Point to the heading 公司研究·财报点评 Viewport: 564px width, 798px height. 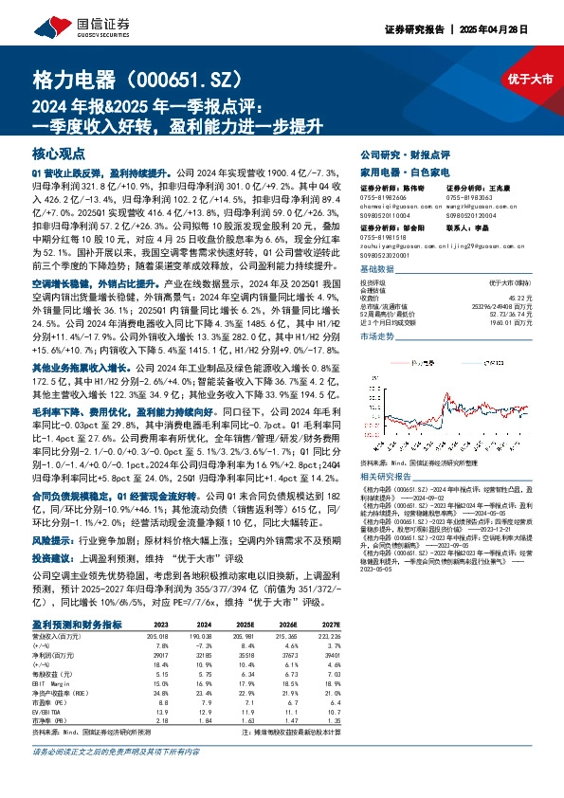405,154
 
